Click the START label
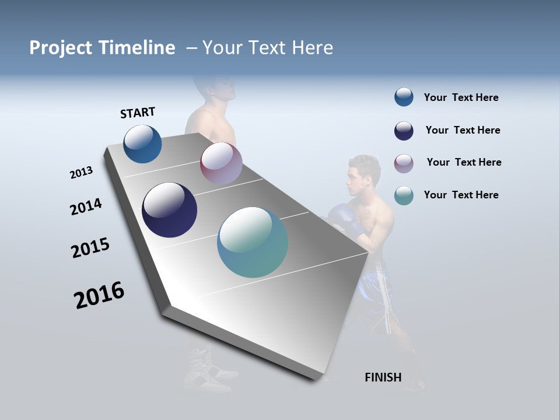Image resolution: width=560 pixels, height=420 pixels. (x=138, y=113)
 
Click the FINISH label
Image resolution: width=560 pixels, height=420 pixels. (x=383, y=377)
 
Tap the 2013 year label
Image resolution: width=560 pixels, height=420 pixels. (x=81, y=173)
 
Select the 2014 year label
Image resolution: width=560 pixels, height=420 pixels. (x=86, y=207)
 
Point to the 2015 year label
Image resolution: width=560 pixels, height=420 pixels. (x=90, y=248)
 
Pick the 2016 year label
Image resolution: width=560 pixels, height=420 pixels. (x=99, y=295)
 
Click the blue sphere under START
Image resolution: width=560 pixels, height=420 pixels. (x=142, y=144)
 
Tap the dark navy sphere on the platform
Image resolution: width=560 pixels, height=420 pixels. (x=169, y=210)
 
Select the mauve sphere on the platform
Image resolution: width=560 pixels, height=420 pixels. (x=221, y=163)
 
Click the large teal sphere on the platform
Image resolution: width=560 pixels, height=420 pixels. (x=253, y=242)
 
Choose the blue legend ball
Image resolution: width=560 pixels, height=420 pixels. (x=404, y=97)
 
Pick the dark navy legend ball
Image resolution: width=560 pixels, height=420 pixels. (x=404, y=131)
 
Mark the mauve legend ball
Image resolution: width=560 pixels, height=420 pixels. (x=404, y=163)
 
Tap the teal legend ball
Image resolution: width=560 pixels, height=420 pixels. (x=404, y=196)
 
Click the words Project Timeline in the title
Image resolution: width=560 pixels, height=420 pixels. (x=102, y=48)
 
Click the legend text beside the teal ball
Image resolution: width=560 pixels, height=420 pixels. (x=461, y=195)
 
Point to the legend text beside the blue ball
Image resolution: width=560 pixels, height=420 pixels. (x=461, y=97)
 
